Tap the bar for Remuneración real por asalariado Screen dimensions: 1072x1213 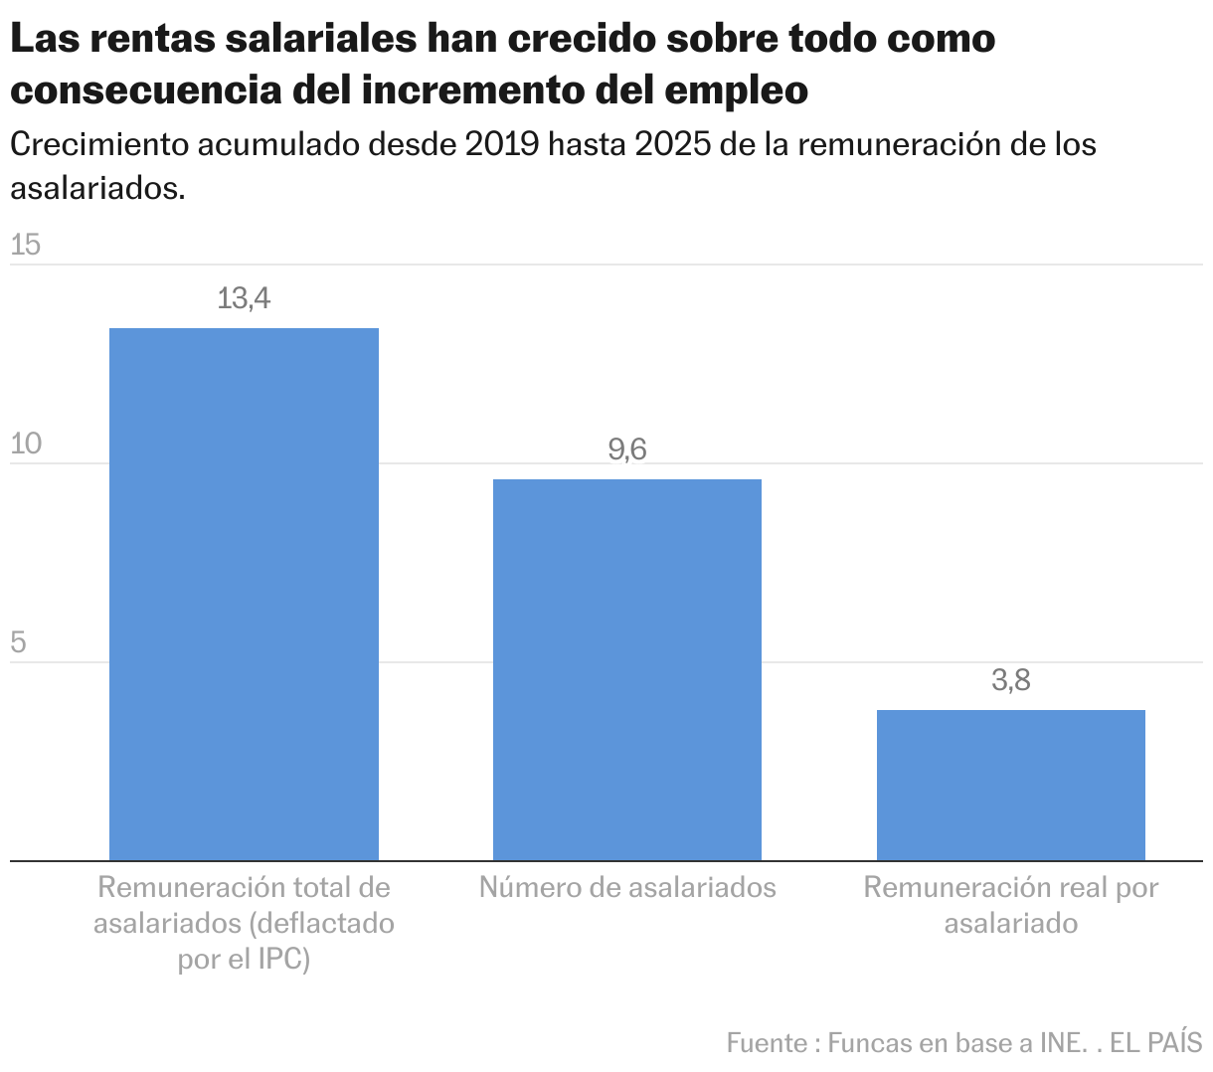[x=1010, y=785]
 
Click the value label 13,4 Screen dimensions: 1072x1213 [x=244, y=298]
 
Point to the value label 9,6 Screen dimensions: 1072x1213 [x=627, y=450]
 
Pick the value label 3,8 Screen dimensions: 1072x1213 [x=1010, y=681]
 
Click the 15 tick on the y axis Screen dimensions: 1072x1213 [x=26, y=245]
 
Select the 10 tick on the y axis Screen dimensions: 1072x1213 [x=26, y=444]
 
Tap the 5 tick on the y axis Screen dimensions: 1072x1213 [x=18, y=642]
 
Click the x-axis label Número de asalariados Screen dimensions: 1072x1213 [x=627, y=887]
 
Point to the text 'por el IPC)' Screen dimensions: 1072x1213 [x=244, y=960]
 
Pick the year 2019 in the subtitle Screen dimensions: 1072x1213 [x=502, y=145]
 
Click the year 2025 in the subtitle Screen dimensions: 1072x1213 [x=671, y=145]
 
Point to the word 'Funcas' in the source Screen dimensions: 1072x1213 [x=869, y=1043]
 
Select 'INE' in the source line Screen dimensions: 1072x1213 [x=1060, y=1043]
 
